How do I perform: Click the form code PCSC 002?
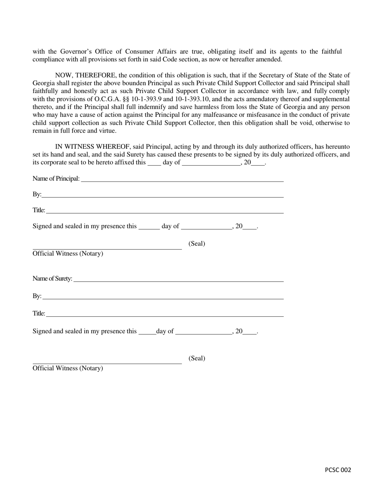tap(338, 470)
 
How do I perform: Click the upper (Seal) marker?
tap(197, 244)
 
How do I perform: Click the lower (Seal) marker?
tap(197, 358)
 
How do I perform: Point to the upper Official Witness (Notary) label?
tap(68, 254)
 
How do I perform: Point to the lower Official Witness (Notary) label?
tap(68, 369)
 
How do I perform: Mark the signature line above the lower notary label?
tap(107, 364)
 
